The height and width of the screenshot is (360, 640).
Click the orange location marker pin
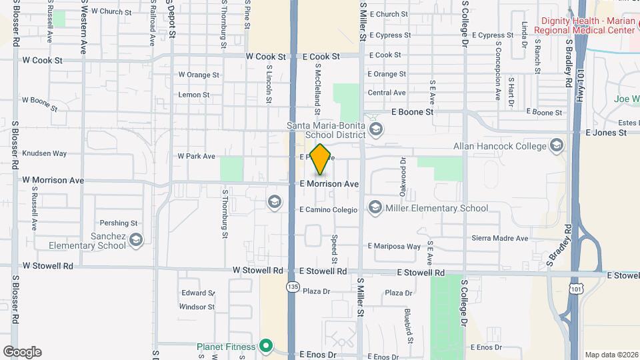[x=321, y=159]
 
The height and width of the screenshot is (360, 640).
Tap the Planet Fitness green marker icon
[x=266, y=346]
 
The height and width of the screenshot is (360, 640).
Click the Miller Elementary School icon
[x=375, y=208]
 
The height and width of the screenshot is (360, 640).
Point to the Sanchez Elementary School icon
[x=136, y=240]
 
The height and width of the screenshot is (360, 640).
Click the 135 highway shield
[x=292, y=287]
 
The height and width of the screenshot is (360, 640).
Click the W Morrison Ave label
[x=53, y=180]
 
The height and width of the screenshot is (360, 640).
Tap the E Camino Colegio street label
[x=329, y=209]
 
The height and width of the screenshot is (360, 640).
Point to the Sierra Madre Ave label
[x=500, y=238]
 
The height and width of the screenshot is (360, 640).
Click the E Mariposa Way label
[x=394, y=246]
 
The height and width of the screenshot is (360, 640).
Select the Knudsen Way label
[x=45, y=153]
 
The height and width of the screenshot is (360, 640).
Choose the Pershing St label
[x=118, y=223]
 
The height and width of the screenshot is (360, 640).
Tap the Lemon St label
[x=194, y=95]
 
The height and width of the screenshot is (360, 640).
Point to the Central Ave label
[x=387, y=93]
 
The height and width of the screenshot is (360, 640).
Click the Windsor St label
[x=197, y=307]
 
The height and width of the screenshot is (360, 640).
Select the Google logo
[x=22, y=352]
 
